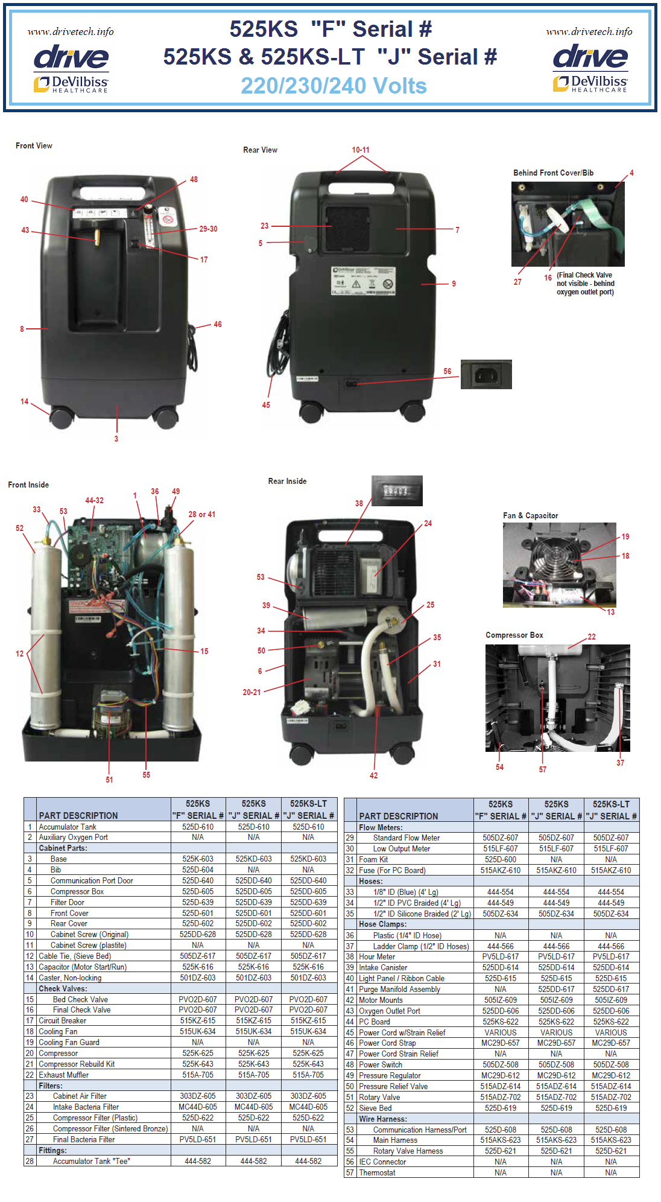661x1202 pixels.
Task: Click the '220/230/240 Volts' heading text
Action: [334, 86]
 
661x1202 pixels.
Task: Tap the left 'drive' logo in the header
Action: [71, 58]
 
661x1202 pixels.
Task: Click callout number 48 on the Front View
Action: [194, 179]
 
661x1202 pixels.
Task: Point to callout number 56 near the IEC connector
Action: [447, 371]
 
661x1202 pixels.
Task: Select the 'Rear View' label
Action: [260, 150]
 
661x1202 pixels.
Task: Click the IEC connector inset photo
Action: [486, 375]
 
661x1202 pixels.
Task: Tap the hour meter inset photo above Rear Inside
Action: [396, 491]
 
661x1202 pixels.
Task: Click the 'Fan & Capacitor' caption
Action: [530, 515]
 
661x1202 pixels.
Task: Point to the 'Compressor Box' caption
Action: [514, 635]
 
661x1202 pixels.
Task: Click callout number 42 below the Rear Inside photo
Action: [373, 775]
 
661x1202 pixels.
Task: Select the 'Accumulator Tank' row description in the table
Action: [68, 827]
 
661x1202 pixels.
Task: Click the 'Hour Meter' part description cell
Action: [377, 956]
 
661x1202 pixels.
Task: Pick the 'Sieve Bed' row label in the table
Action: [375, 1108]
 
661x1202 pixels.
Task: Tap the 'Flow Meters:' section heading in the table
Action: [381, 827]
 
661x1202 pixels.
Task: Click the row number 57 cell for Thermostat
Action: [350, 1172]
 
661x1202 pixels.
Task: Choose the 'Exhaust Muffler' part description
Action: [63, 1075]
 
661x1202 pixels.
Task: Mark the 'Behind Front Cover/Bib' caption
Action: [553, 173]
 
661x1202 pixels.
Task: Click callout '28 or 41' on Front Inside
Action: [201, 514]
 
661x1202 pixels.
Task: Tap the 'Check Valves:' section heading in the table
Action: [63, 988]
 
